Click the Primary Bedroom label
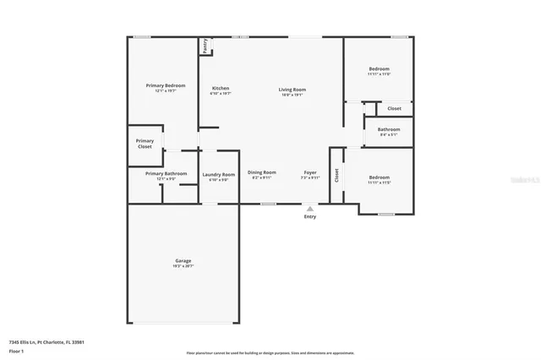click(x=165, y=85)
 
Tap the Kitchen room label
click(x=221, y=88)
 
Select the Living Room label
click(x=293, y=89)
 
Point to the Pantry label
click(x=205, y=46)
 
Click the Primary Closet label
click(x=145, y=144)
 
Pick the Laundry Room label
click(x=218, y=174)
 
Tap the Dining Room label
click(x=262, y=172)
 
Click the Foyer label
click(x=310, y=172)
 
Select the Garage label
click(x=183, y=260)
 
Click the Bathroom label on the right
click(x=389, y=129)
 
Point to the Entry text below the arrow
click(x=310, y=216)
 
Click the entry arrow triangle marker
click(x=310, y=208)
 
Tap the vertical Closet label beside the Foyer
click(x=336, y=176)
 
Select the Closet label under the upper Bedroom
click(x=394, y=108)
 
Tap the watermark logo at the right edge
click(x=529, y=180)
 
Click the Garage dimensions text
click(x=183, y=266)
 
